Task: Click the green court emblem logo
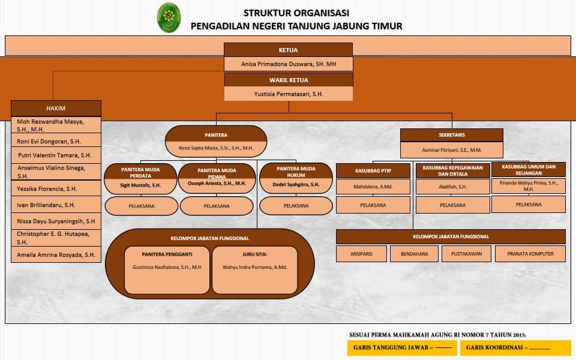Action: [x=169, y=17]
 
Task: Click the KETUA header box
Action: [x=288, y=50]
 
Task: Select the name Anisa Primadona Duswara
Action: [x=288, y=64]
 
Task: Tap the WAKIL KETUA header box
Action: [x=288, y=80]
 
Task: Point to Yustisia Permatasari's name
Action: [x=288, y=94]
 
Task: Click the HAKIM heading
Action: [x=56, y=109]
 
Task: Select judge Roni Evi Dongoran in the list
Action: [x=50, y=141]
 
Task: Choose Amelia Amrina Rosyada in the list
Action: [x=56, y=254]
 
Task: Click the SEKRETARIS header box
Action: [x=451, y=135]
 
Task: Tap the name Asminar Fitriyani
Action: [x=451, y=149]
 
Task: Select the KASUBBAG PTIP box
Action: [x=373, y=170]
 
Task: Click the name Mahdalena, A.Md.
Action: [x=373, y=187]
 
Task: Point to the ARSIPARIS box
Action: [x=361, y=254]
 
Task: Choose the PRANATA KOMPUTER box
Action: [x=530, y=254]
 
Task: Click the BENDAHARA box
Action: [x=414, y=254]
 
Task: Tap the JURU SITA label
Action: [x=254, y=254]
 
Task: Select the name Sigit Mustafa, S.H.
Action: [x=141, y=185]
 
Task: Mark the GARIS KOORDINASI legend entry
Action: [x=515, y=347]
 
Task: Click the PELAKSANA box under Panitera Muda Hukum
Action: [x=296, y=206]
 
